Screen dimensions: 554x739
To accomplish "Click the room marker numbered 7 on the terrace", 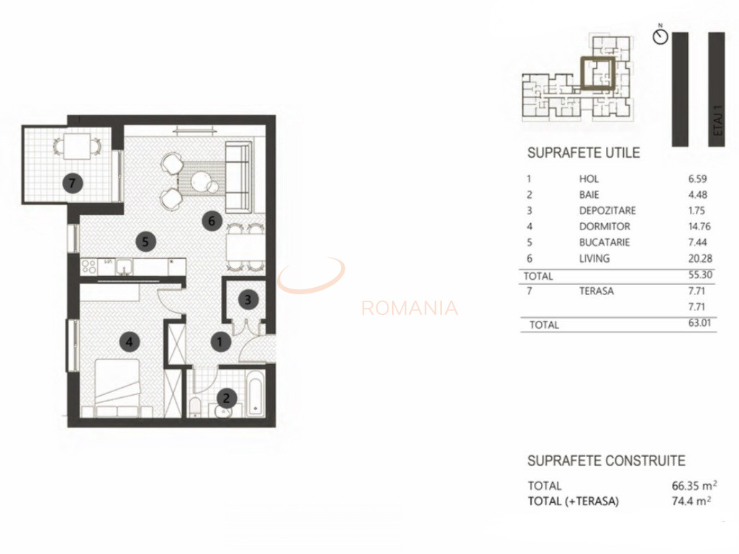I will (x=71, y=183).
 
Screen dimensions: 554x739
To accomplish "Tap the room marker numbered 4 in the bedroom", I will (x=130, y=342).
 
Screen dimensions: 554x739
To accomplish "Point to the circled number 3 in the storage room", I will (x=247, y=298).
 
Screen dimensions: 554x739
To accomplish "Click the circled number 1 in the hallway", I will (x=220, y=342).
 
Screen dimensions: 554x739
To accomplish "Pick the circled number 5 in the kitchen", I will (x=145, y=242).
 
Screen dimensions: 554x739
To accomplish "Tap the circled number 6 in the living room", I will (x=211, y=221).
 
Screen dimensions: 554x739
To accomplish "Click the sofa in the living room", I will (x=238, y=177).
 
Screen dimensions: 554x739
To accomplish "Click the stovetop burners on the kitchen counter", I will (x=89, y=266).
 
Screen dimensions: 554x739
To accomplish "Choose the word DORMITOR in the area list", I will (x=604, y=227).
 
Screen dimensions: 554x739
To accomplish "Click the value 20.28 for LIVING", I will (x=699, y=258).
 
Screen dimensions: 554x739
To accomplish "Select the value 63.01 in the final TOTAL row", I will (x=699, y=324).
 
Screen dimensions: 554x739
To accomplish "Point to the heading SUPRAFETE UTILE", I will (x=584, y=153).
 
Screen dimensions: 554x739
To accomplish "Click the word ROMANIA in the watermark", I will (x=409, y=309).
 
